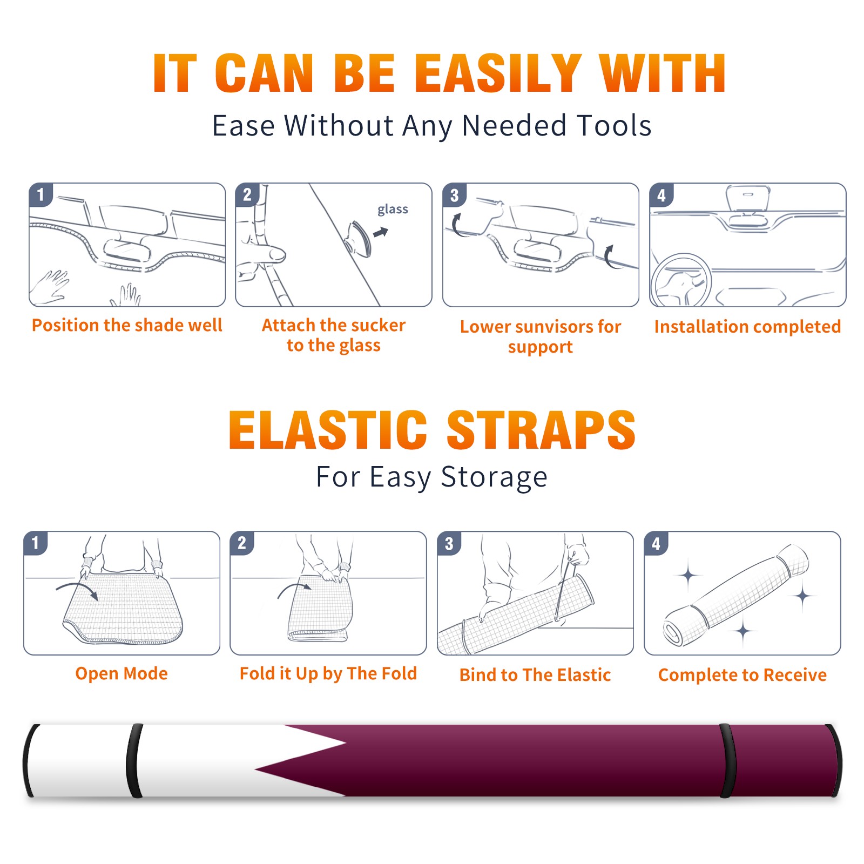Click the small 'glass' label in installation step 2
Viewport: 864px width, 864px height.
(393, 210)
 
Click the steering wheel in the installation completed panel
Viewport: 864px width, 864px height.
(681, 280)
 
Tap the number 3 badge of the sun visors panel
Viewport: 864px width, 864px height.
(455, 195)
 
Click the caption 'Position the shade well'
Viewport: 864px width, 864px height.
(127, 325)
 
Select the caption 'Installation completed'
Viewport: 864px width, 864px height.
(747, 327)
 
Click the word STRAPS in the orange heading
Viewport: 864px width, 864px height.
(541, 430)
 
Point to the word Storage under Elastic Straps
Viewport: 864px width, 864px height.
(494, 477)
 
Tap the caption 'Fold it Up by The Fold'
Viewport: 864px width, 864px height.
(328, 673)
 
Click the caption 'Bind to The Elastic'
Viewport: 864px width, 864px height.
(535, 675)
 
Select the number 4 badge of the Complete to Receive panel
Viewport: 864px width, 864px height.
(656, 543)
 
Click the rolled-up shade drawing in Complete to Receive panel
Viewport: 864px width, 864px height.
(736, 595)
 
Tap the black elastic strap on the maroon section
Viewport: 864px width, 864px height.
(728, 761)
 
